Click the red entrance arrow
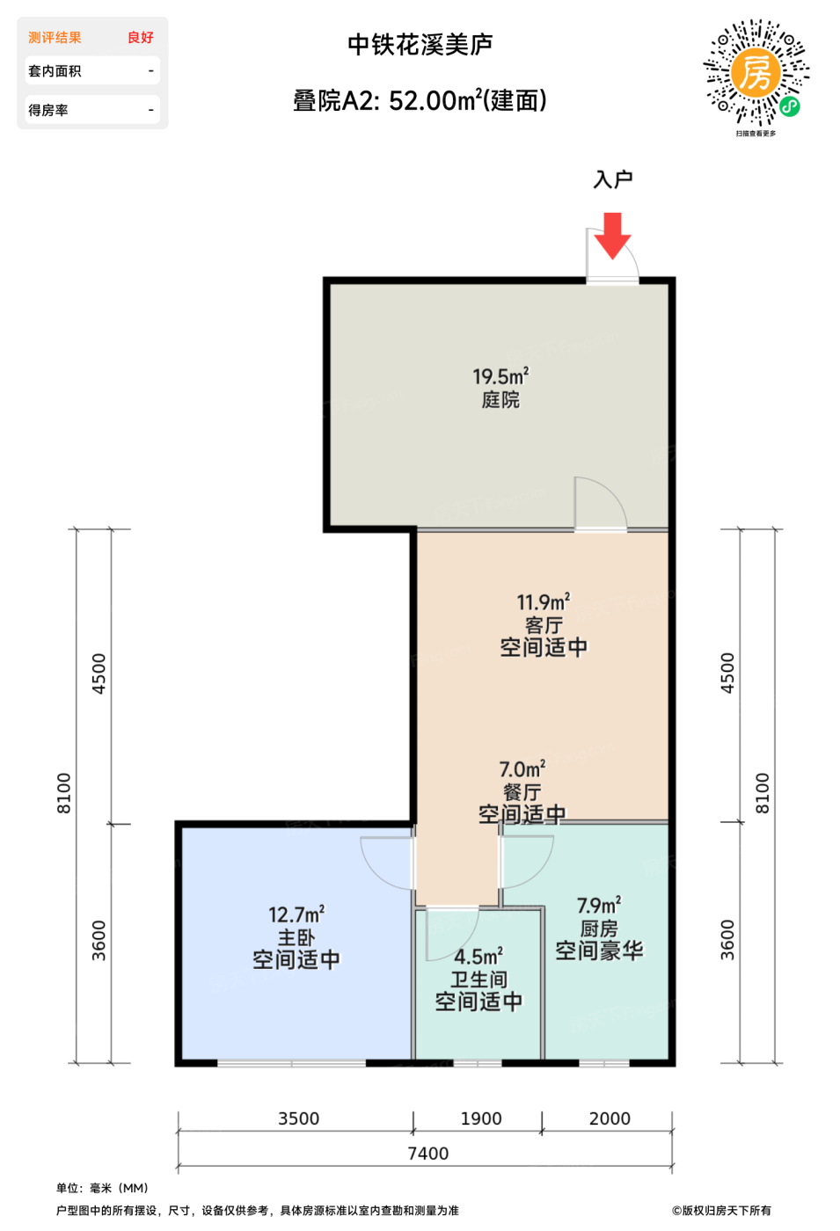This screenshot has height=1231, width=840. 612,236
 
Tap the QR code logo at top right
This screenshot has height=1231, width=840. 756,73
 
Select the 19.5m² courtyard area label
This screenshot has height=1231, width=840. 500,376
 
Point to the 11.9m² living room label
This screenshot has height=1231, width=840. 544,602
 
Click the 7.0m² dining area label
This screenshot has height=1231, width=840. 522,768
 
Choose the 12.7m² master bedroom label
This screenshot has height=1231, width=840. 296,914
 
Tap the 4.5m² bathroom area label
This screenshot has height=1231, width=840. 478,957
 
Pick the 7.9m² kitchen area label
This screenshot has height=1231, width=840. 599,905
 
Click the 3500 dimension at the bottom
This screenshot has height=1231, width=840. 298,1118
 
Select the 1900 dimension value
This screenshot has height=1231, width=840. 481,1118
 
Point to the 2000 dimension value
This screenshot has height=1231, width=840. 610,1118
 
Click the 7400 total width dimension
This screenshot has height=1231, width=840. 428,1153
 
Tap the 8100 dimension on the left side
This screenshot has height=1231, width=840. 63,793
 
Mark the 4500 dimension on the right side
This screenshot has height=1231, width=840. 727,674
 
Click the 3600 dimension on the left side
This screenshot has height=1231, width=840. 99,940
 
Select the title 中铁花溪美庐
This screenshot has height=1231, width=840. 420,45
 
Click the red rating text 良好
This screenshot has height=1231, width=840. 140,37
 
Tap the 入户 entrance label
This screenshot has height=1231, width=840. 613,179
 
